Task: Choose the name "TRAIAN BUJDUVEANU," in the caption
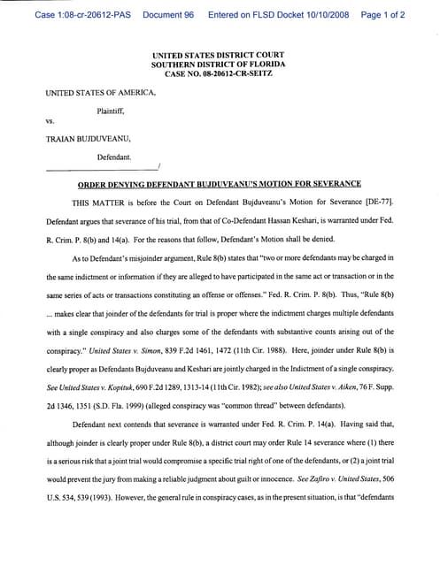(x=86, y=139)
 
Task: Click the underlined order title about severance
(x=220, y=183)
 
